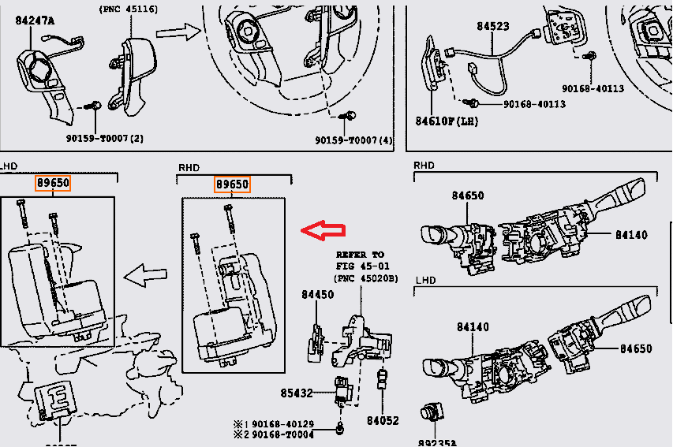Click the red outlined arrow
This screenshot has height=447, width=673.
click(x=323, y=230)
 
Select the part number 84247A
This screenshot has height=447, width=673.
click(x=35, y=20)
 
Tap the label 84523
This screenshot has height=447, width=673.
click(x=492, y=26)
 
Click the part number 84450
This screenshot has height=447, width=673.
click(x=317, y=295)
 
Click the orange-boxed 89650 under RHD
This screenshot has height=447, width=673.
click(x=232, y=184)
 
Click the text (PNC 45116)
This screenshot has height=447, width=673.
click(x=128, y=9)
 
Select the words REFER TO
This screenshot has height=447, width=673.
click(x=360, y=255)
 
